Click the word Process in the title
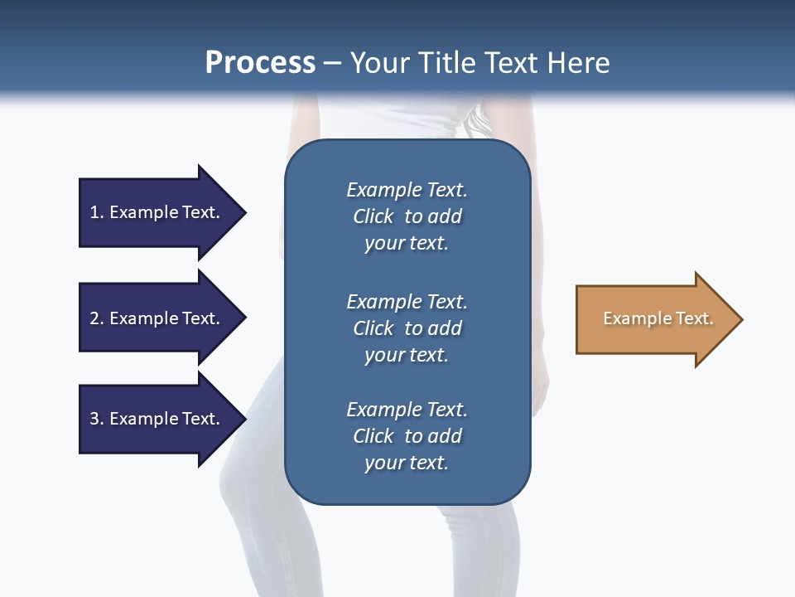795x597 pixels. [x=260, y=63]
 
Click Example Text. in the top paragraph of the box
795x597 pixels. [x=407, y=190]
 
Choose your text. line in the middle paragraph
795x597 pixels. [x=407, y=355]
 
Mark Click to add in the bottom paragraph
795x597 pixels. [x=407, y=436]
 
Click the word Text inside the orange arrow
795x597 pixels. [x=696, y=318]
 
